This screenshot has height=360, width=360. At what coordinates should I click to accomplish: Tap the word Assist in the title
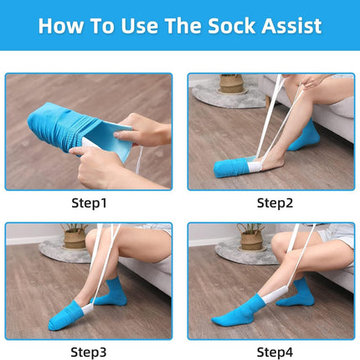click(x=291, y=26)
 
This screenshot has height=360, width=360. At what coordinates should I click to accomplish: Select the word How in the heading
click(x=61, y=26)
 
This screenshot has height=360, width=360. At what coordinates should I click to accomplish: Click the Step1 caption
click(x=89, y=203)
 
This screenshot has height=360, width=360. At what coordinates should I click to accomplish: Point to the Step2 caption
click(x=275, y=203)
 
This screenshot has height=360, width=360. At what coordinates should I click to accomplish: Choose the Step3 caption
click(x=89, y=352)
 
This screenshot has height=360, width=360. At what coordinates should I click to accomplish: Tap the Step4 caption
click(x=275, y=352)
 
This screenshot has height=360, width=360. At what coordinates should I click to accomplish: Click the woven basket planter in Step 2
click(x=231, y=83)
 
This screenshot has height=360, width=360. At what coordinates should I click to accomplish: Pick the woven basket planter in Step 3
click(x=75, y=238)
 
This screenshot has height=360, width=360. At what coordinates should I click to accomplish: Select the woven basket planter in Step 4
click(x=252, y=240)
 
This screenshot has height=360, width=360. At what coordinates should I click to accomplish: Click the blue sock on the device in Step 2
click(x=232, y=167)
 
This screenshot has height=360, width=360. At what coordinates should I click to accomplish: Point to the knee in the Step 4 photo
click(x=280, y=241)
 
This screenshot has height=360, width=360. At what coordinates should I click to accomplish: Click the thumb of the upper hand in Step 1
click(x=122, y=136)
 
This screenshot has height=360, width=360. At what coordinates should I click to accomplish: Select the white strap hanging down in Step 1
click(x=139, y=160)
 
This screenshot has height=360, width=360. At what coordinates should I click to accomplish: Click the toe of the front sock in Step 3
click(x=54, y=325)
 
